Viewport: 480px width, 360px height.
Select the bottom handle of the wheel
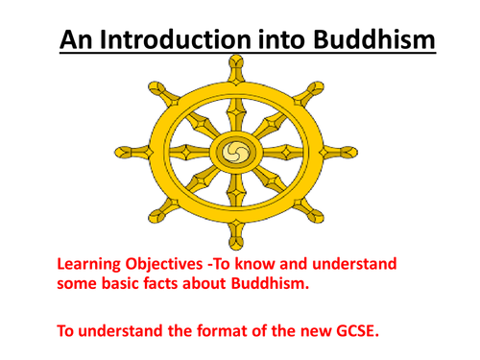[232, 232]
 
